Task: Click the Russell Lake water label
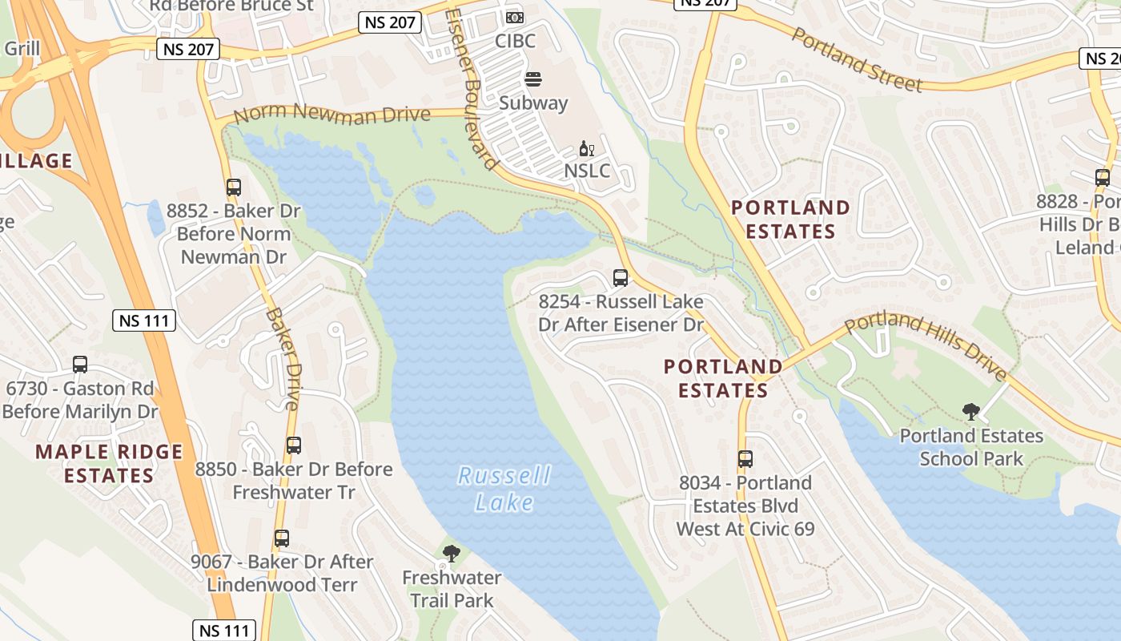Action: (504, 489)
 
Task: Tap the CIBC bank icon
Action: (515, 17)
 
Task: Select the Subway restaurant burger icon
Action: (533, 79)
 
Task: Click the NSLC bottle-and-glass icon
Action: (587, 150)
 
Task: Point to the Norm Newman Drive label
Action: (332, 115)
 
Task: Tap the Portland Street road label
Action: (857, 58)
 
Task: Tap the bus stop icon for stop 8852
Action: (234, 187)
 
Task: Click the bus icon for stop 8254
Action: (621, 278)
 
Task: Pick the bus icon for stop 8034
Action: (745, 459)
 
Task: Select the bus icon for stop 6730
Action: (80, 365)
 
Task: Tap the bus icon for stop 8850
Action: (294, 445)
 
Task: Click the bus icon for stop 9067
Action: (281, 538)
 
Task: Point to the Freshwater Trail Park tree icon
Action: (452, 553)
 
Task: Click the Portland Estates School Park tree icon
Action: (971, 412)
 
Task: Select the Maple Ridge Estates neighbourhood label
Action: (109, 463)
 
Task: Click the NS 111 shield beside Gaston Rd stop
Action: (144, 321)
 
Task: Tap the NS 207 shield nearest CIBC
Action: (390, 22)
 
